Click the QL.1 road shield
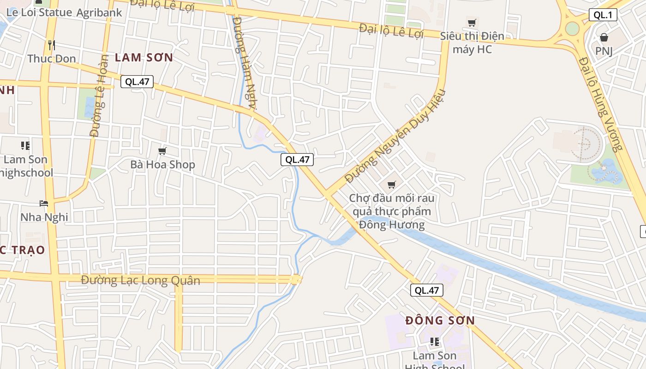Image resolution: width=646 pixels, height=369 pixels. [x=603, y=15]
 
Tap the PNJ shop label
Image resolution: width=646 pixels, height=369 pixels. [x=604, y=51]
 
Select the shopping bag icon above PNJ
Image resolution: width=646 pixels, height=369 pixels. [x=604, y=37]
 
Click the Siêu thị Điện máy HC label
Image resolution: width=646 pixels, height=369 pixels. [x=472, y=42]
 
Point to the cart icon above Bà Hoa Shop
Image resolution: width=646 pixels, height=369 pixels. [x=162, y=151]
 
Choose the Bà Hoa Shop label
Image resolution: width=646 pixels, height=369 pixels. [x=162, y=165]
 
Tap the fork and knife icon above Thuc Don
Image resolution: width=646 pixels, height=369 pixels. [x=52, y=45]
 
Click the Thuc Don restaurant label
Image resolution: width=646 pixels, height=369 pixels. [x=52, y=59]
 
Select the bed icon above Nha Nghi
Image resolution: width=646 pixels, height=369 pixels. [x=44, y=203]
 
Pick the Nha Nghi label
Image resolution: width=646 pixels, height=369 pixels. [x=44, y=217]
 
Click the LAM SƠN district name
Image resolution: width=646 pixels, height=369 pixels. [x=144, y=58]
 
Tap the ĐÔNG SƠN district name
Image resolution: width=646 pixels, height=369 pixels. [x=440, y=320]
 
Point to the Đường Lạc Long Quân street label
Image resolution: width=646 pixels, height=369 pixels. [x=141, y=280]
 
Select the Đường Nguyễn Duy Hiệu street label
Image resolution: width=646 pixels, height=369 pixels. [x=395, y=136]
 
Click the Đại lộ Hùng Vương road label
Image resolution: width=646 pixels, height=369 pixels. [x=602, y=104]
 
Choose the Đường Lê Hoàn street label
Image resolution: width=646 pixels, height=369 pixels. [x=99, y=96]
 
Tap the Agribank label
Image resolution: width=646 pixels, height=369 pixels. [x=99, y=12]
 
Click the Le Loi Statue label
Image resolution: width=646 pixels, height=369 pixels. [x=39, y=12]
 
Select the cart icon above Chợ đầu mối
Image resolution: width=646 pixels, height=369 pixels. [x=392, y=185]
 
